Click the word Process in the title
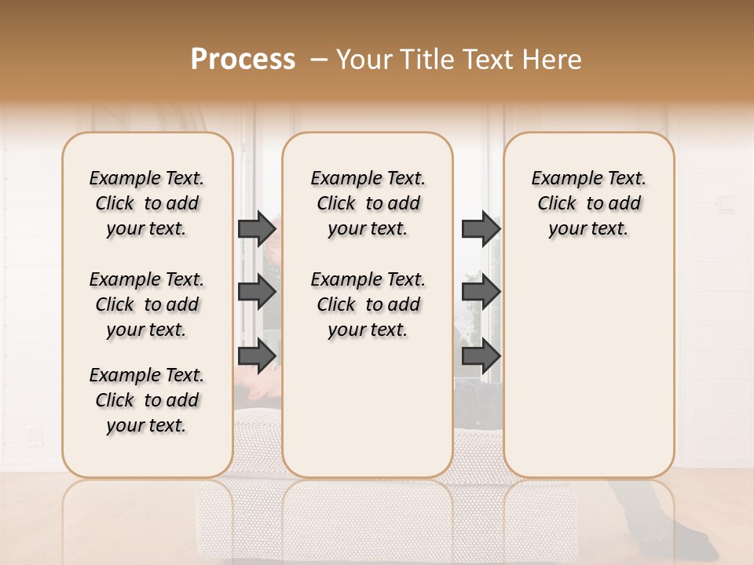(243, 60)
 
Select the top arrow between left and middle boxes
(257, 228)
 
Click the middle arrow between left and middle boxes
(257, 293)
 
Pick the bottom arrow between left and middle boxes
(257, 355)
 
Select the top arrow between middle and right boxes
(481, 228)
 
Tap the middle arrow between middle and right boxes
(481, 293)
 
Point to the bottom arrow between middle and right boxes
(481, 355)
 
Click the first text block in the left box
(147, 203)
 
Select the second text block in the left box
(147, 304)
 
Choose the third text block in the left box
(147, 400)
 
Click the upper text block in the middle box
(368, 203)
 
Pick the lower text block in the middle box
(368, 304)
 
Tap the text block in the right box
(588, 203)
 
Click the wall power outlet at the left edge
(33, 434)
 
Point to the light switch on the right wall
(726, 205)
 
